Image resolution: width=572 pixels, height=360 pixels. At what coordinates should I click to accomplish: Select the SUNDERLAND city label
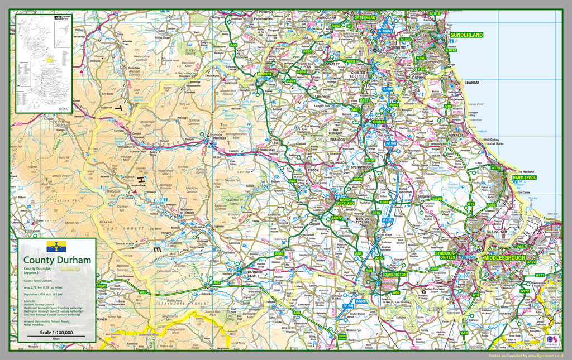pos(467,35)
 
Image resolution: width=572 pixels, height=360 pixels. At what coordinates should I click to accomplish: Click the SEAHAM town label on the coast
pos(471,83)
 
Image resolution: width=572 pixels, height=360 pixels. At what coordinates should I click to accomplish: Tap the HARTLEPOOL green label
pos(523,177)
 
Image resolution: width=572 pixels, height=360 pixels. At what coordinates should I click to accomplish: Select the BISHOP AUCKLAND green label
pos(345,201)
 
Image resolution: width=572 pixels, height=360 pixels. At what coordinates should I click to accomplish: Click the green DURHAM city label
pos(379,121)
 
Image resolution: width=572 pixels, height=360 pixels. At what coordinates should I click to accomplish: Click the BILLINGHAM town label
pos(496,231)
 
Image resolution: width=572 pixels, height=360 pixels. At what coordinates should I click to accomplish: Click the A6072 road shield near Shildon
pos(336,218)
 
